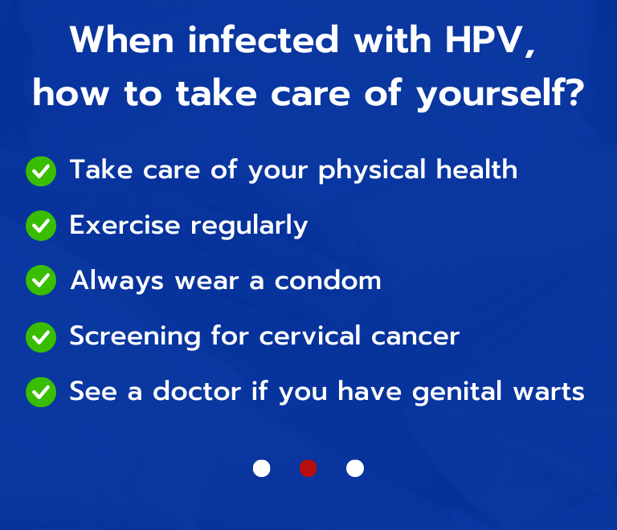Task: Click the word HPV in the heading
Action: tap(484, 40)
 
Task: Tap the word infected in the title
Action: tap(251, 40)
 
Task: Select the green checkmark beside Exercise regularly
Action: tap(41, 226)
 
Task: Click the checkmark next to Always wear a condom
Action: tap(41, 281)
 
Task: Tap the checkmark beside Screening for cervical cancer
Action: tap(41, 336)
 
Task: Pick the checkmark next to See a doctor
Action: tap(41, 392)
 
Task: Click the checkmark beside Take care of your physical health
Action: tap(41, 171)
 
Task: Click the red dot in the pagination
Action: tap(308, 468)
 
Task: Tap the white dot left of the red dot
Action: tap(261, 468)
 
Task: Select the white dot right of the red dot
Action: tap(354, 468)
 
